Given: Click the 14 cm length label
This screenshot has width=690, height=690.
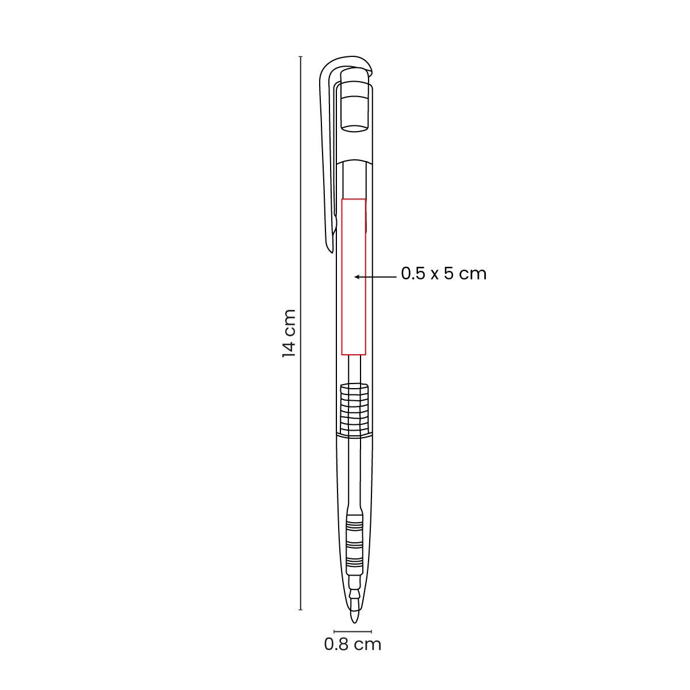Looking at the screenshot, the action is (289, 333).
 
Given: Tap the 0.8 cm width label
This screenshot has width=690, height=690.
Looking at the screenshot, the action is (352, 644).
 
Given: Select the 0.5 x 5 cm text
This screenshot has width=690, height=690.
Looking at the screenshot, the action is (444, 274).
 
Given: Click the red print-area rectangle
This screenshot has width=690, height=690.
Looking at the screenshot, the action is (342, 277).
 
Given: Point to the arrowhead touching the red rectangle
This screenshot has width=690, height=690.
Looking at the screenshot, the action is (356, 277).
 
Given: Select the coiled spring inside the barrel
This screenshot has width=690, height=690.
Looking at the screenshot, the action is (354, 410).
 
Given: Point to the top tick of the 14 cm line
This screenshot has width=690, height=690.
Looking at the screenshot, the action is (300, 56).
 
